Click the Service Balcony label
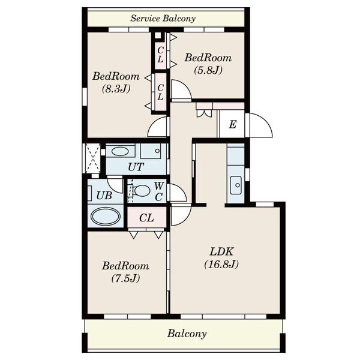pyautogui.click(x=163, y=19)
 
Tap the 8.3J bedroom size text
pyautogui.click(x=116, y=89)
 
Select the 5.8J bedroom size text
pyautogui.click(x=208, y=70)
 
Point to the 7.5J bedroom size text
pyautogui.click(x=126, y=278)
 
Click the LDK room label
pyautogui.click(x=221, y=251)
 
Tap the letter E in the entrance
pyautogui.click(x=233, y=125)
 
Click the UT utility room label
pyautogui.click(x=136, y=167)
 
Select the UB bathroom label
pyautogui.click(x=104, y=196)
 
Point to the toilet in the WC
pyautogui.click(x=140, y=191)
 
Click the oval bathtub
pyautogui.click(x=106, y=216)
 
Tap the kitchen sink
pyautogui.click(x=236, y=185)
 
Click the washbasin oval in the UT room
pyautogui.click(x=120, y=152)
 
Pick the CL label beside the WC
pyautogui.click(x=146, y=218)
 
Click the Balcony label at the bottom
pyautogui.click(x=187, y=334)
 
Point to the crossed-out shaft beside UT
pyautogui.click(x=93, y=158)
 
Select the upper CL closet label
pyautogui.click(x=160, y=55)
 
